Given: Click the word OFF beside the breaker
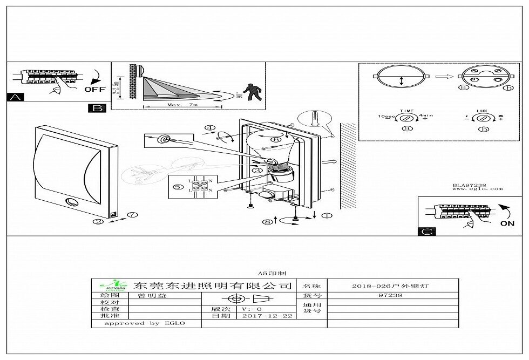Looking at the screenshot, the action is (x=94, y=89).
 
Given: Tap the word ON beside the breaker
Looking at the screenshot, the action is (x=507, y=223).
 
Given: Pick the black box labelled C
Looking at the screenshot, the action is (x=426, y=232).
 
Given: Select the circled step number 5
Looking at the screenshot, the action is (x=179, y=188).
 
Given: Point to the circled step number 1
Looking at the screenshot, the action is (x=327, y=215).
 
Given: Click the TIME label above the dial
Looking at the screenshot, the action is (x=406, y=110).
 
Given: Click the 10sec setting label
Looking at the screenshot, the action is (x=388, y=117).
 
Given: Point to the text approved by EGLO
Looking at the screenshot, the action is (x=145, y=323).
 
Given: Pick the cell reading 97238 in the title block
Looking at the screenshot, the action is (x=393, y=296).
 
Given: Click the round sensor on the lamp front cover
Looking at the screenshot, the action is (x=72, y=203).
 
